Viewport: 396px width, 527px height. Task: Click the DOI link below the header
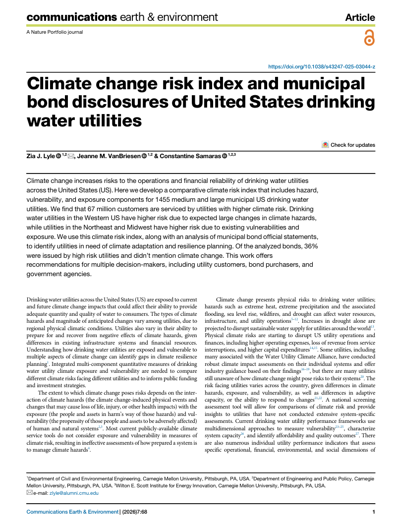(x=321, y=66)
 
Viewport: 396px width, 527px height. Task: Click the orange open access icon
(x=369, y=38)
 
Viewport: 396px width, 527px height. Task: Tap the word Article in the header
(x=360, y=17)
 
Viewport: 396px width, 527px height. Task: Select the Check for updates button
(x=348, y=145)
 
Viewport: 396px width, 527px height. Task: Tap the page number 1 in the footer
(x=373, y=512)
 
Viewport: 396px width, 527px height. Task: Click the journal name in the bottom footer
(x=72, y=512)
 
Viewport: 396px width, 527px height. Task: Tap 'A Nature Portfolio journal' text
(x=55, y=32)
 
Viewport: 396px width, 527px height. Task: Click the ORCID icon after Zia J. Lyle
(x=58, y=156)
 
